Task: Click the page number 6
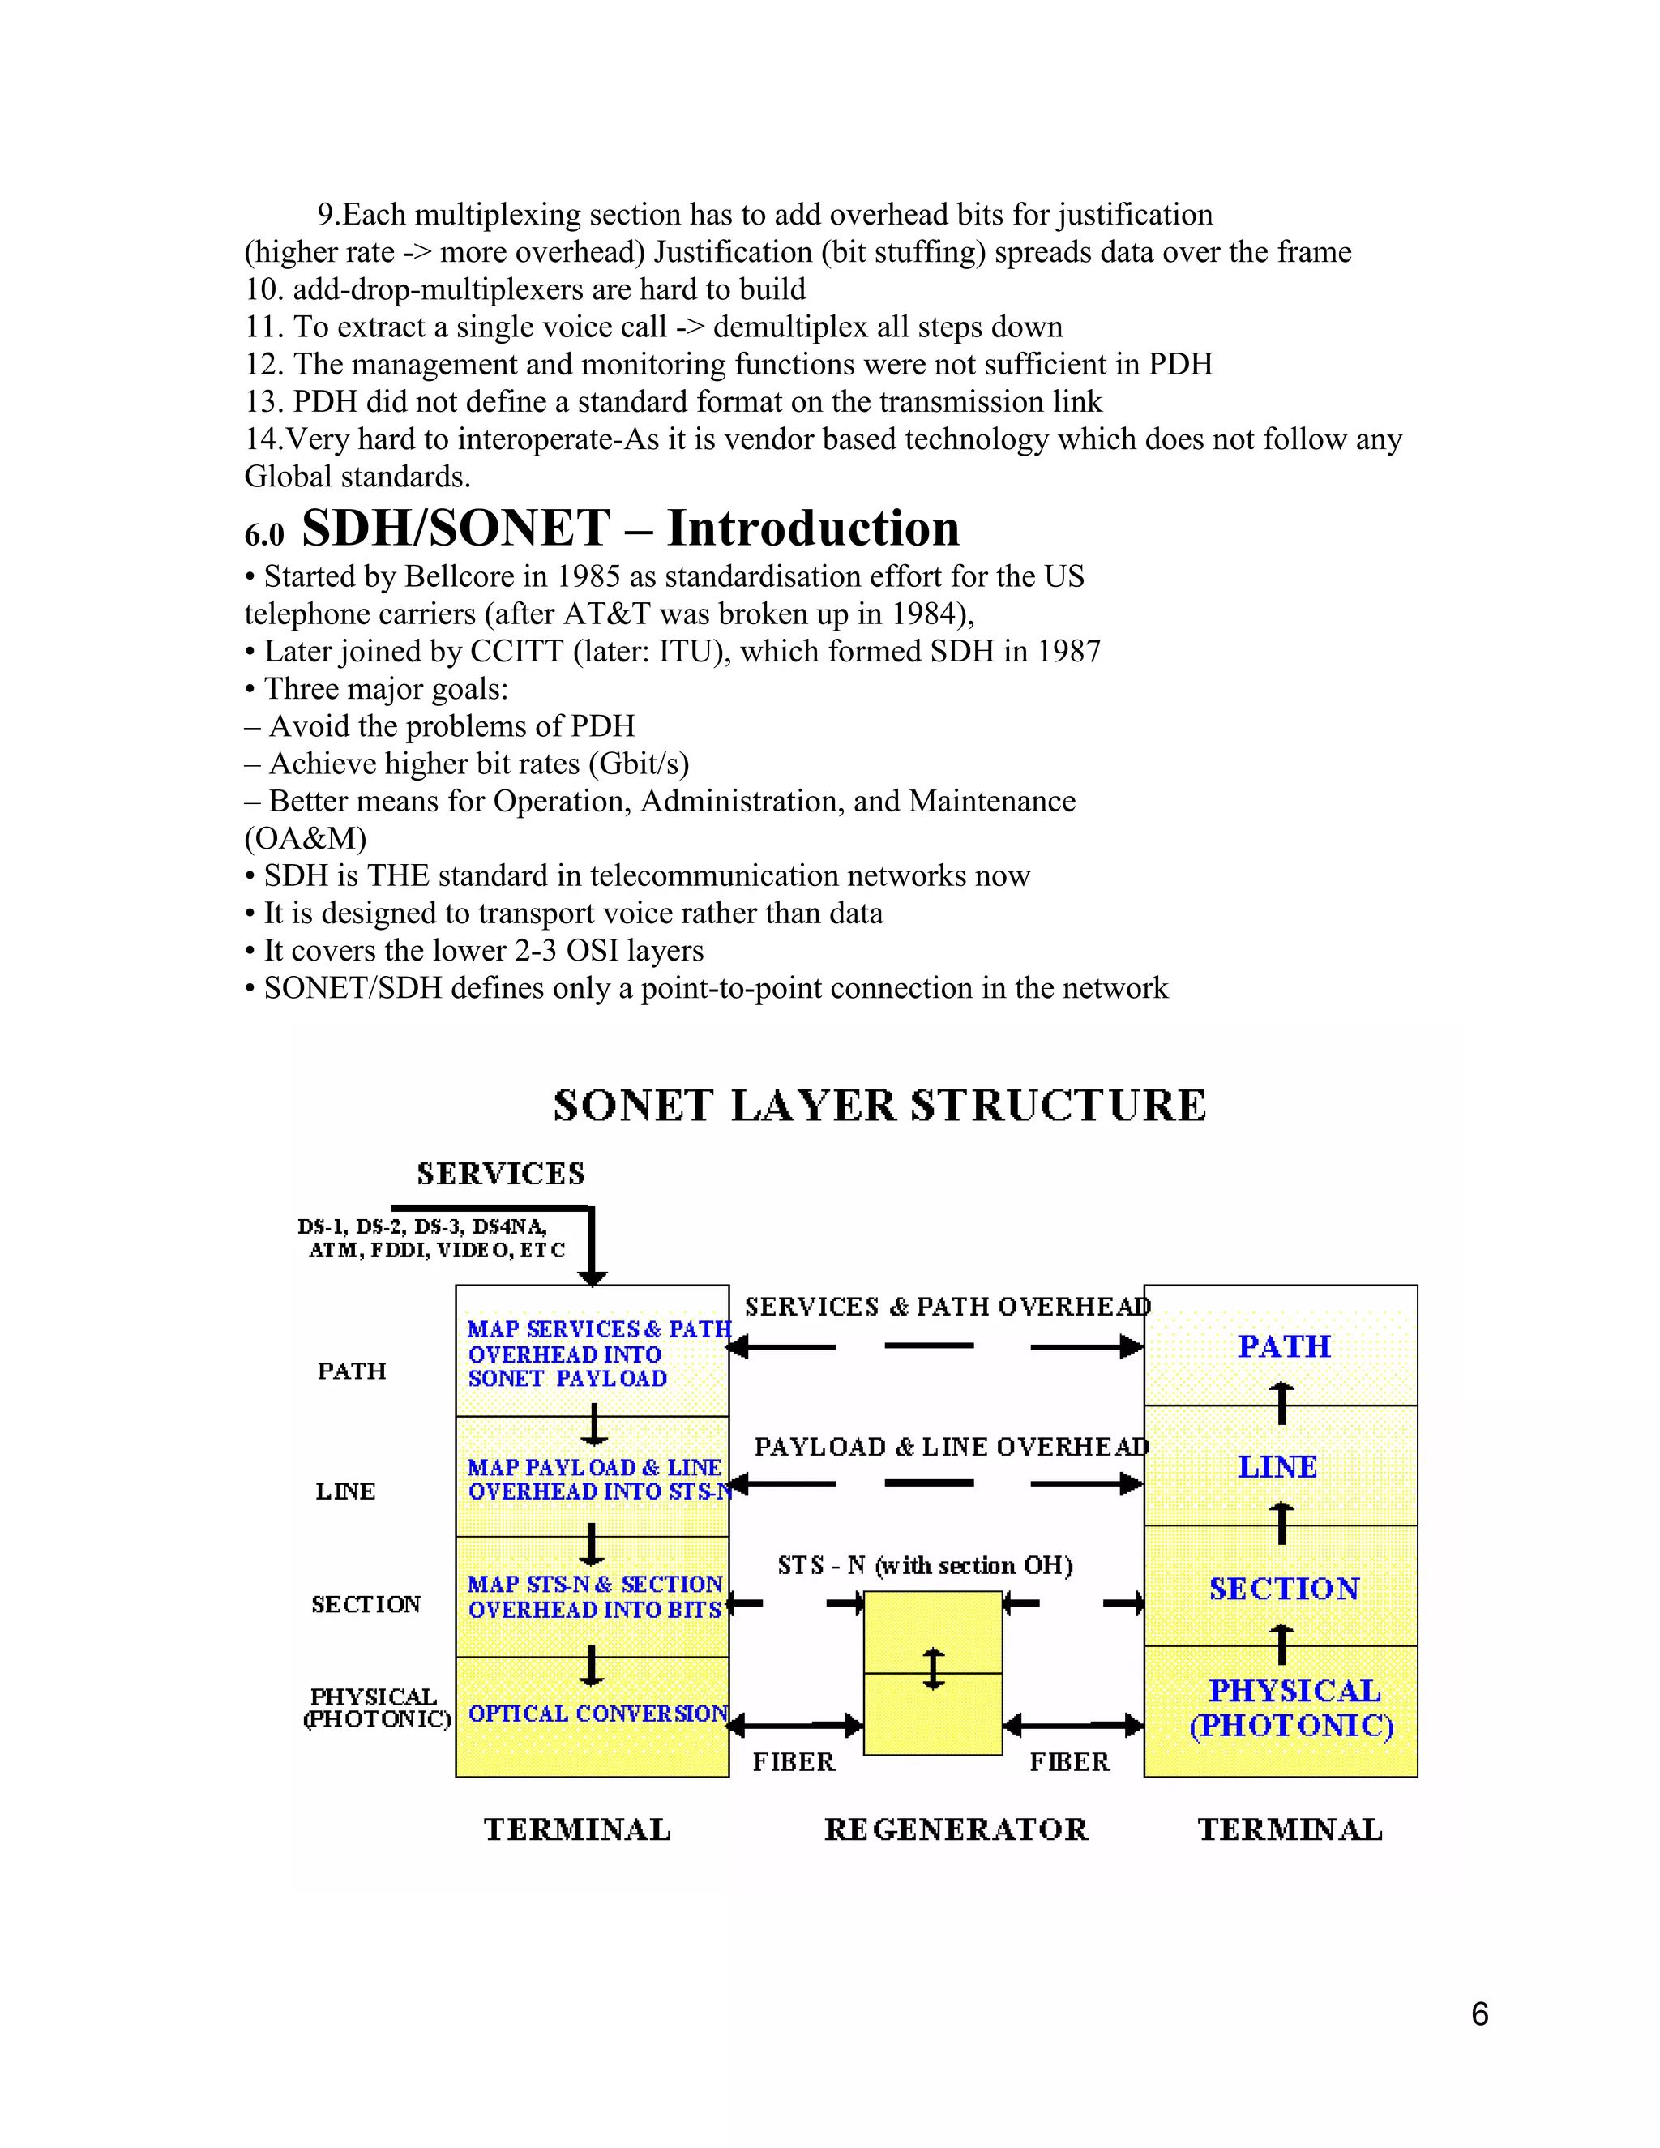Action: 1479,2014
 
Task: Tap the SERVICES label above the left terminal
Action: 501,1174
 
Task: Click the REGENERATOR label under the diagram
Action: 956,1829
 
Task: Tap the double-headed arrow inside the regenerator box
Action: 933,1669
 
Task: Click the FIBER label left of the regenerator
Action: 794,1761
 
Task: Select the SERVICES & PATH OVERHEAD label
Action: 947,1307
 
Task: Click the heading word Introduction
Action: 813,528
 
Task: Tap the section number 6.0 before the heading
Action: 263,536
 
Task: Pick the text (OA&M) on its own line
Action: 305,839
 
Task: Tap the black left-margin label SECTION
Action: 366,1604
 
